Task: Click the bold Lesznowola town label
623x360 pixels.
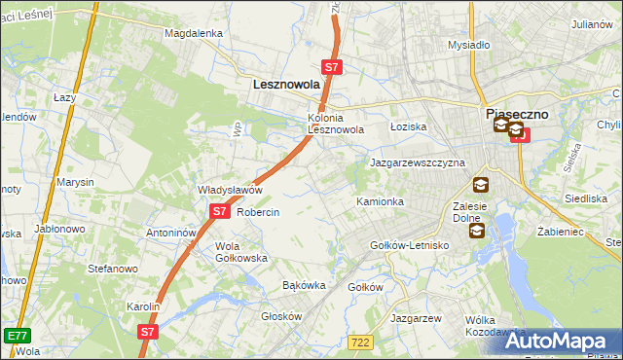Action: click(286, 85)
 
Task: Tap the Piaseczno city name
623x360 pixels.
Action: click(518, 114)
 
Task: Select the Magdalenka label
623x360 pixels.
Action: click(194, 33)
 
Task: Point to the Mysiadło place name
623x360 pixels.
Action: click(468, 45)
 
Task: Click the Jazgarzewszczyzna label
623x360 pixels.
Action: click(418, 162)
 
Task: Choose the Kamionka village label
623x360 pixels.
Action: click(380, 201)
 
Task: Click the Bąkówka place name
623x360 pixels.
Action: click(302, 286)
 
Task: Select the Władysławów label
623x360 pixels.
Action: click(231, 190)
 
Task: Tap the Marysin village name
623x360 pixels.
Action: click(75, 182)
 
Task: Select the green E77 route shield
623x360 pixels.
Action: click(16, 336)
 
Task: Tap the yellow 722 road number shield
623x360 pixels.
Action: click(360, 342)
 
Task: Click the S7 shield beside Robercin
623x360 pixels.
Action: click(219, 211)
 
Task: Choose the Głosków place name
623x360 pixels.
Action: click(282, 316)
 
